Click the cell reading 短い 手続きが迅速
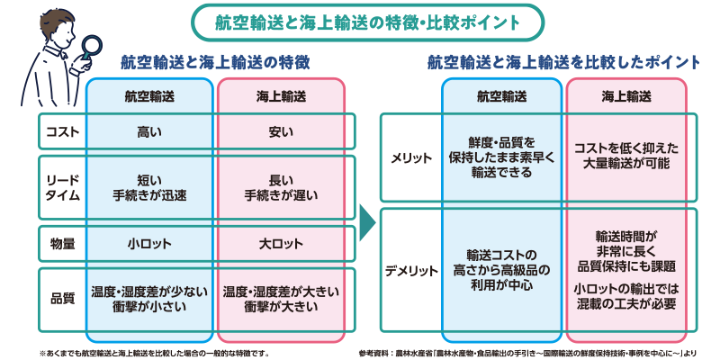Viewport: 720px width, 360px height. click(149, 187)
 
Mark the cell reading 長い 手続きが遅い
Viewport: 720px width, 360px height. click(280, 187)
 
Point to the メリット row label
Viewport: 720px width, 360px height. click(410, 157)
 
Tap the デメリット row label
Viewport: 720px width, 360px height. click(410, 271)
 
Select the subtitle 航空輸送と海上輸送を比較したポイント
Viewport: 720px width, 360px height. click(563, 63)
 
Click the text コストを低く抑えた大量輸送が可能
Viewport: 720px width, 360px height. click(630, 157)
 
